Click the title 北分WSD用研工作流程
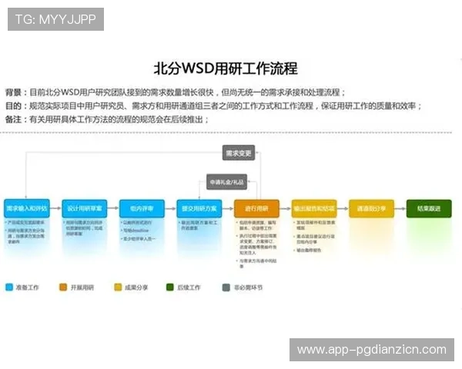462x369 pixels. pos(226,68)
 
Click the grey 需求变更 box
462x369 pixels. pos(238,152)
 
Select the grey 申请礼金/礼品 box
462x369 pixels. pos(226,182)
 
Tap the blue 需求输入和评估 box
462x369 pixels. pos(27,208)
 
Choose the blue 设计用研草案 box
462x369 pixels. pos(84,208)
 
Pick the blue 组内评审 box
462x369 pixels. pos(142,208)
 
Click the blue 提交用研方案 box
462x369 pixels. pos(199,208)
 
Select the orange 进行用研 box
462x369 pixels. pos(256,208)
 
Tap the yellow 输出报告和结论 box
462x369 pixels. pos(313,208)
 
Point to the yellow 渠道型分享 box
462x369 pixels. pos(371,208)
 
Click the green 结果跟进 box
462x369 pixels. pos(429,208)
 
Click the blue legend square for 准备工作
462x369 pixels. pos(8,288)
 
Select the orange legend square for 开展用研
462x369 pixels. pos(63,288)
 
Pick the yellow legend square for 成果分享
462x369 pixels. pos(118,288)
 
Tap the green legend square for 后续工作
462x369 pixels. pos(170,288)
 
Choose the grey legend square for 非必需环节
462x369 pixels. pos(226,288)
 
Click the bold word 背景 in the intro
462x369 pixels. pos(14,91)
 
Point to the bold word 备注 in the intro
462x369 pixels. pos(14,119)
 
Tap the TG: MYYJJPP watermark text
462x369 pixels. pos(55,18)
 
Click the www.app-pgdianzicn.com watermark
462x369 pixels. pos(372,350)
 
